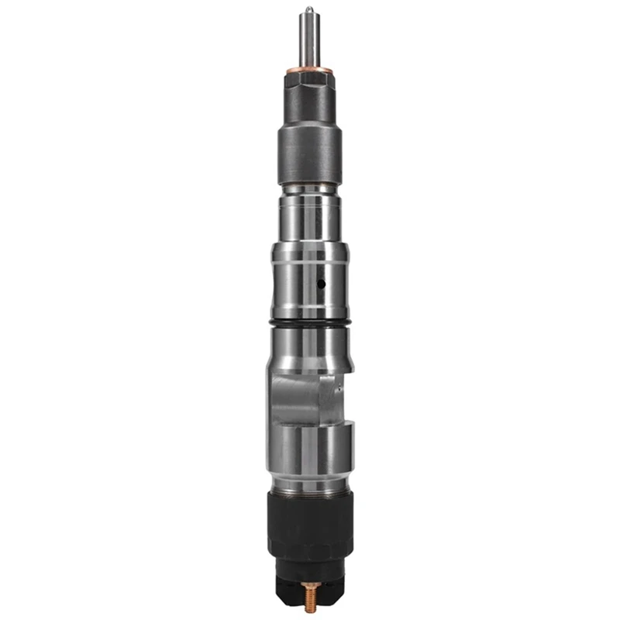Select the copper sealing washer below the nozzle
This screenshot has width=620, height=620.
[x=309, y=72]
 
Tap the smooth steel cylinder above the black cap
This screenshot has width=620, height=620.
[x=309, y=457]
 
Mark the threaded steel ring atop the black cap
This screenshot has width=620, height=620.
[x=309, y=487]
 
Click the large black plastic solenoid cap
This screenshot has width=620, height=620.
[x=309, y=527]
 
